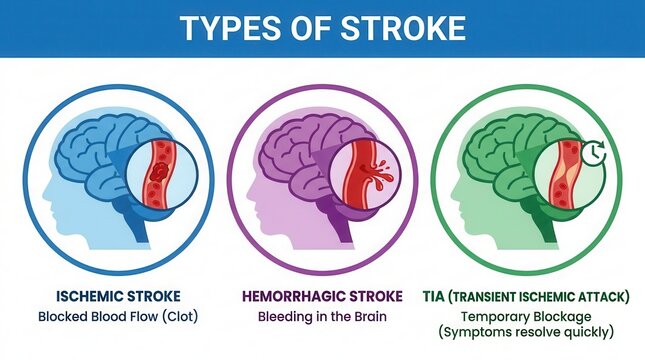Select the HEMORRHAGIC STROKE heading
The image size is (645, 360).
click(x=321, y=296)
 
